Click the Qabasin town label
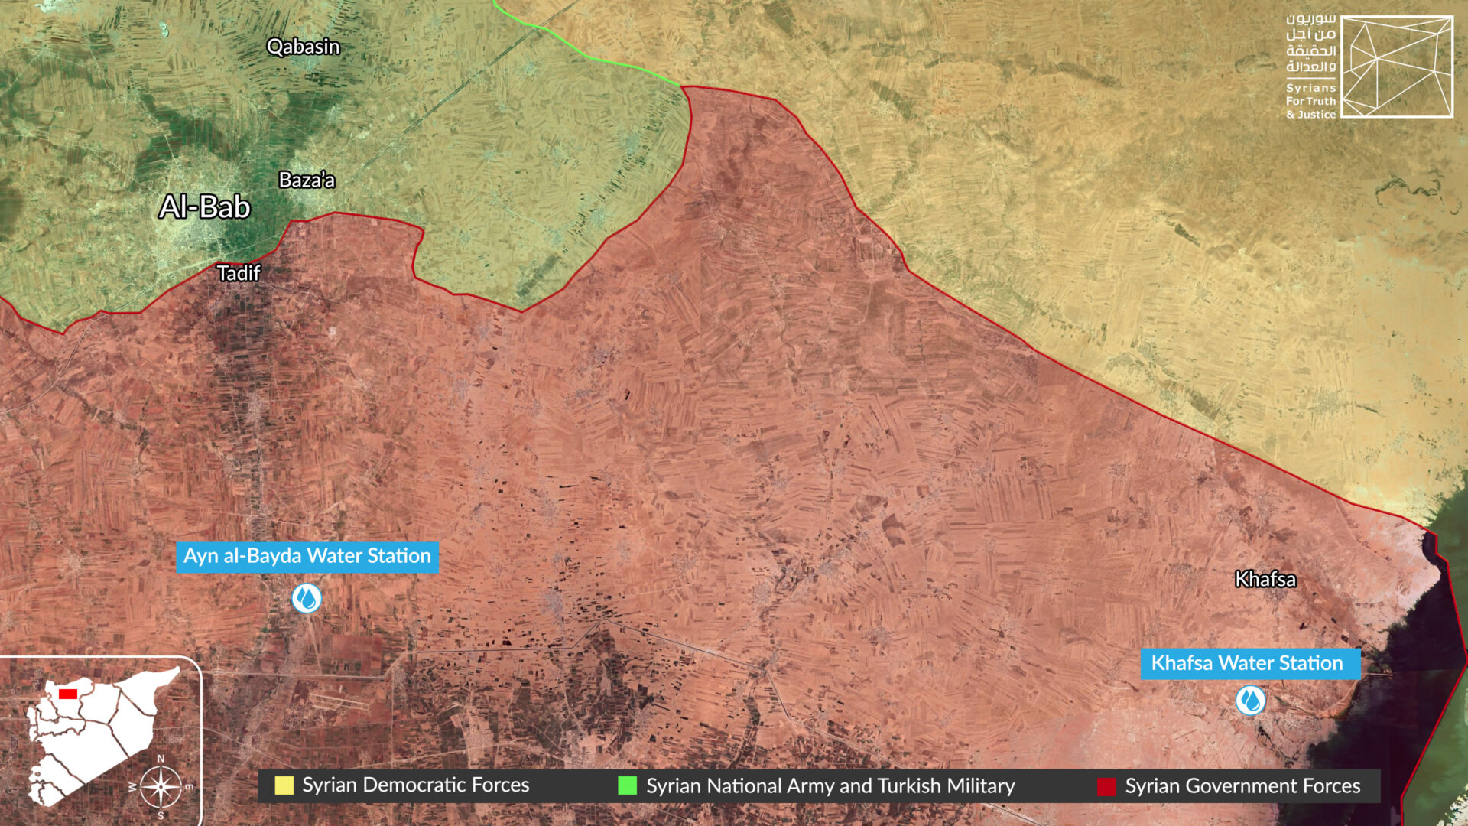pos(303,47)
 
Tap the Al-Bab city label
pos(205,207)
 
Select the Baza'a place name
pos(307,180)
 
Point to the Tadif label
pos(239,273)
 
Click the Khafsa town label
pos(1265,580)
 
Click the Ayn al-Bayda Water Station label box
pos(307,556)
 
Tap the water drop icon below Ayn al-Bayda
pos(307,598)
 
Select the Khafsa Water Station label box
pos(1249,663)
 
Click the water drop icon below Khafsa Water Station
pos(1250,701)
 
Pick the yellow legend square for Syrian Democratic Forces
pos(284,785)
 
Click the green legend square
pos(627,785)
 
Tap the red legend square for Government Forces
pos(1106,786)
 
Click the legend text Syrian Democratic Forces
pos(415,785)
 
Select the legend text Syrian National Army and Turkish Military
pos(830,786)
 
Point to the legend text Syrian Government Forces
pos(1242,786)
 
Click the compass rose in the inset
pos(161,787)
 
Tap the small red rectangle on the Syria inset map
pos(68,694)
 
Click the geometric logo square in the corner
pos(1397,67)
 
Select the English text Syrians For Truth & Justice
pos(1310,102)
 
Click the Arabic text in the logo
pos(1310,43)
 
